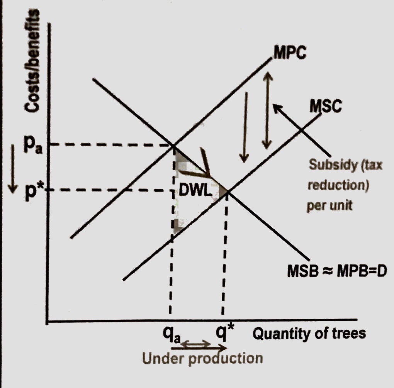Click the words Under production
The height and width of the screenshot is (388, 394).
click(x=202, y=358)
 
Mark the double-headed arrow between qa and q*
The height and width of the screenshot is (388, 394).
click(x=196, y=344)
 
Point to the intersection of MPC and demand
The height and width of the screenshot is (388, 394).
click(x=173, y=146)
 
